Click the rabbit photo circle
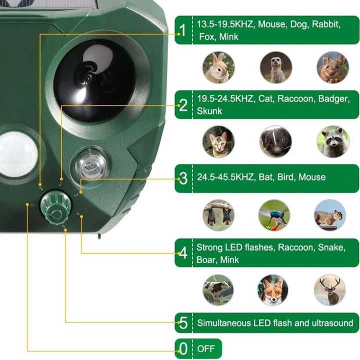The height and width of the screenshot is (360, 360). (218, 67)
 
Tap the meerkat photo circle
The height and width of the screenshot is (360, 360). (275, 67)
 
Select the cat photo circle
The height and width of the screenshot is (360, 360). (218, 141)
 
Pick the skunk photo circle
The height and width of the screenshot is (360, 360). (275, 141)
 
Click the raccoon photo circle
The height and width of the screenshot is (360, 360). (332, 141)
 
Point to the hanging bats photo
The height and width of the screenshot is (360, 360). (218, 215)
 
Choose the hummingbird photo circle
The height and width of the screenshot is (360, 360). (274, 215)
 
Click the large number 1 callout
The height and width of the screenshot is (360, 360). (183, 30)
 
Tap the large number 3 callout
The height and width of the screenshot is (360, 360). (183, 178)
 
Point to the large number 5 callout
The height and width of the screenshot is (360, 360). (183, 323)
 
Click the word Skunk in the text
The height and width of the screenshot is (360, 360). (209, 110)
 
